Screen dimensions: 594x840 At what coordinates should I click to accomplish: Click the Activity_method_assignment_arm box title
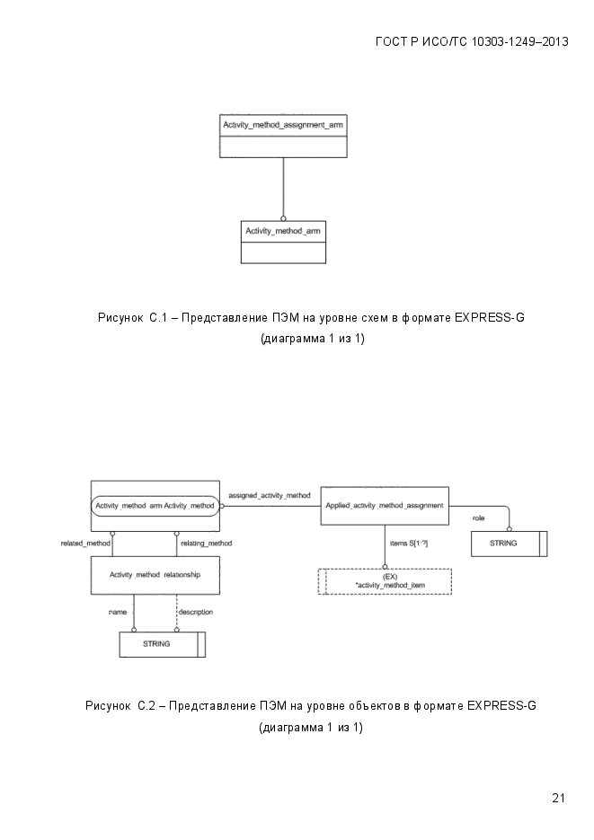coord(283,125)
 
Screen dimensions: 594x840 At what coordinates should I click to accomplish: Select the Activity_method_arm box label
coord(283,231)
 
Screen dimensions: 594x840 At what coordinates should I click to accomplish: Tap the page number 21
coord(558,798)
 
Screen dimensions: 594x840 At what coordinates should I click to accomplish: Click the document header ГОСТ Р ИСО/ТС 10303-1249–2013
coord(472,42)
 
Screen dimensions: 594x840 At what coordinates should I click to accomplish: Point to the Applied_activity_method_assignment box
coord(385,505)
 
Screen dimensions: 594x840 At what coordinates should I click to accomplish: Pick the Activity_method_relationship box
coord(155,575)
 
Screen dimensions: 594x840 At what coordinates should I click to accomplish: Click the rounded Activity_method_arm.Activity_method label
coord(155,505)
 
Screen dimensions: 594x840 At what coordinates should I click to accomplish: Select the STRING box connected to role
coord(509,544)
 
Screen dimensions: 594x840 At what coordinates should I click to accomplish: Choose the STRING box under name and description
coord(163,644)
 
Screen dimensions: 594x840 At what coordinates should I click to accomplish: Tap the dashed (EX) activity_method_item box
coord(385,581)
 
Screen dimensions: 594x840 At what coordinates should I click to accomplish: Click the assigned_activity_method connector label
coord(270,496)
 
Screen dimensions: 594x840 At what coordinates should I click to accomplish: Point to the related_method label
coord(85,544)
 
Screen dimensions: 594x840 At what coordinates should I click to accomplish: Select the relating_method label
coord(206,544)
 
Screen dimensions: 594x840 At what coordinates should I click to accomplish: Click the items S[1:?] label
coord(409,544)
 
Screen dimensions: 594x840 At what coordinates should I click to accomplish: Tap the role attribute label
coord(478,518)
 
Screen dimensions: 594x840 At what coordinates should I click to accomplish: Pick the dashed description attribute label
coord(196,612)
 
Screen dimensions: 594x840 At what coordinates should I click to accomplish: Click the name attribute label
coord(118,612)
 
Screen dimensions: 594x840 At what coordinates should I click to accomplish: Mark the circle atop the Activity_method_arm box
coord(283,218)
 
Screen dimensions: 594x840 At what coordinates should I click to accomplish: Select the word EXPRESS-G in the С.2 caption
coord(501,705)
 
